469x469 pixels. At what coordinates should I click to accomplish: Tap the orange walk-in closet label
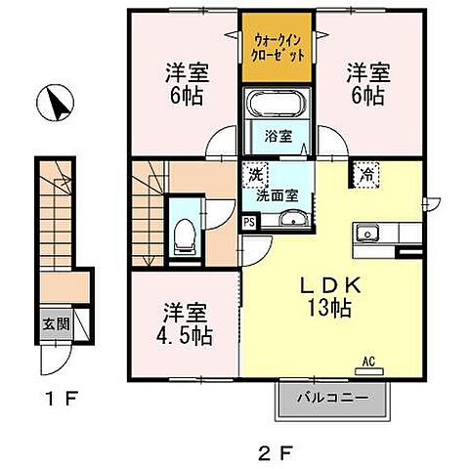pyautogui.click(x=277, y=47)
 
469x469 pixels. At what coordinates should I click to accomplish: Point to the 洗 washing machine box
pyautogui.click(x=255, y=177)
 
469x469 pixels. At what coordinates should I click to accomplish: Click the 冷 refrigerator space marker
pyautogui.click(x=366, y=176)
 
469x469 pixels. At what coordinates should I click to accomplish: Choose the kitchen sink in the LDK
pyautogui.click(x=368, y=233)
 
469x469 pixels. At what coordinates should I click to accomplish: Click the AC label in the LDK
pyautogui.click(x=369, y=361)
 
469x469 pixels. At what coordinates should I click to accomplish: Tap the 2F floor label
pyautogui.click(x=281, y=451)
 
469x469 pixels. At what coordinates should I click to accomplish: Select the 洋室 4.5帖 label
pyautogui.click(x=183, y=324)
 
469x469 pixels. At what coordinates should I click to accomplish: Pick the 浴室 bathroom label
pyautogui.click(x=276, y=136)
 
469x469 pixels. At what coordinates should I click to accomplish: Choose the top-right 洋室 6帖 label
pyautogui.click(x=366, y=83)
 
